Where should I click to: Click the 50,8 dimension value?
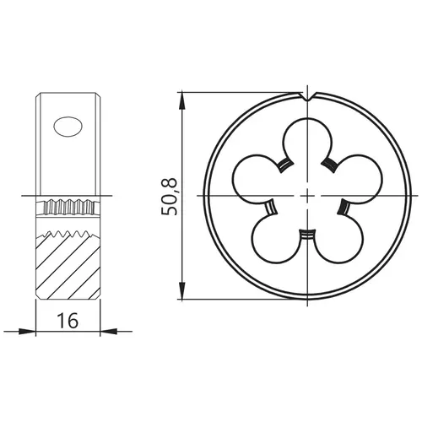point(170,197)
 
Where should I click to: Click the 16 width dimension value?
point(68,321)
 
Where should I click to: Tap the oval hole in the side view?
point(68,127)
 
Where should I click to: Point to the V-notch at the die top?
point(308,96)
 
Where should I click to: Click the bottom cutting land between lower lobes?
point(307,235)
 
